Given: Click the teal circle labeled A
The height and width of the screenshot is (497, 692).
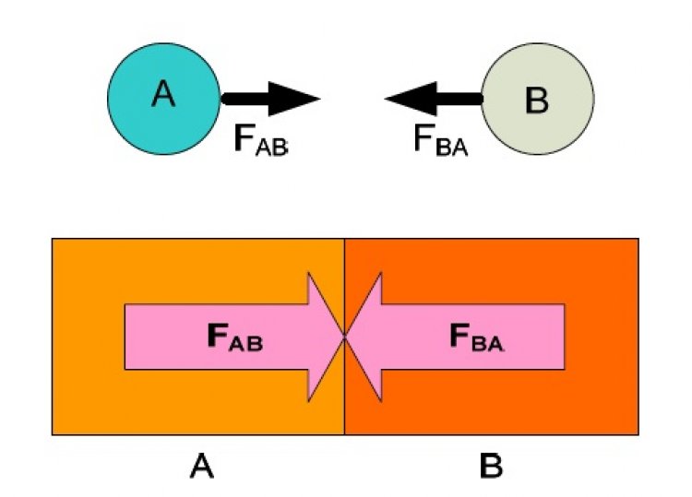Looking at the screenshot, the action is tap(163, 99).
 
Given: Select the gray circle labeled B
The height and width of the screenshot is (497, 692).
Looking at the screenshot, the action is tap(538, 99).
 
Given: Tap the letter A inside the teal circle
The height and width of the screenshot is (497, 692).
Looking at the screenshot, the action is tap(163, 94).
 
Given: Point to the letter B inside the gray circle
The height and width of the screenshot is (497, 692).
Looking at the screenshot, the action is tap(537, 101).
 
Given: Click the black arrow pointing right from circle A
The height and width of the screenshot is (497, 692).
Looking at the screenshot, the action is tap(270, 99).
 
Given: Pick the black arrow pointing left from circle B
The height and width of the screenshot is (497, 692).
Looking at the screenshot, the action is tap(434, 99).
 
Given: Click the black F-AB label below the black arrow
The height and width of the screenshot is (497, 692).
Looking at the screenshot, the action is tap(261, 139).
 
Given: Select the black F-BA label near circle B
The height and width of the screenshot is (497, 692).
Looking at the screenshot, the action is tap(441, 139).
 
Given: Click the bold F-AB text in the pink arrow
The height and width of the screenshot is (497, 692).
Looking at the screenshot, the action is tap(234, 337).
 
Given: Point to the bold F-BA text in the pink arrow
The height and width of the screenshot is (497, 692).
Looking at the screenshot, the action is tap(477, 337).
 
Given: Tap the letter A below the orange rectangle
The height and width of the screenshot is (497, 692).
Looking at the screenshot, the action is tap(202, 467).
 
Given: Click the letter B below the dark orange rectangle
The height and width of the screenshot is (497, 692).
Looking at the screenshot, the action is tap(491, 467).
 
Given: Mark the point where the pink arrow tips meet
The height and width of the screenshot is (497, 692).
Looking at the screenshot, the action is tap(345, 337).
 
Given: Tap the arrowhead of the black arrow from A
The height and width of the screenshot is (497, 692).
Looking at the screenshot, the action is tap(294, 99).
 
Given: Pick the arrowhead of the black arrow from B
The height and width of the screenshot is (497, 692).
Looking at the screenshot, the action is tap(411, 99).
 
